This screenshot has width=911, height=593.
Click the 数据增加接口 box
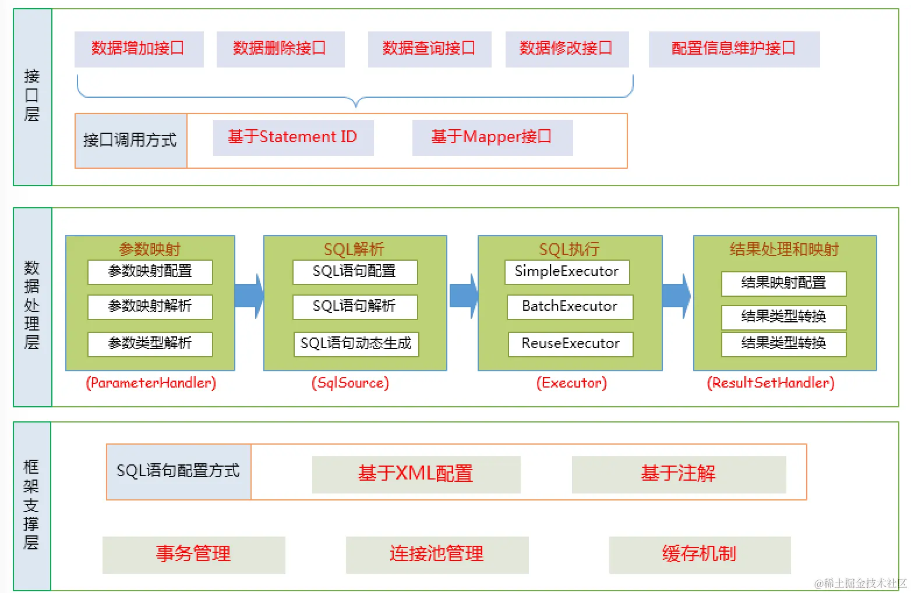139,49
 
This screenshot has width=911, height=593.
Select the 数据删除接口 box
280,49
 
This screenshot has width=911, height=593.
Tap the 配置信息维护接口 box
734,49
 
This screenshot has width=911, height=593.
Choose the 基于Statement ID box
293,137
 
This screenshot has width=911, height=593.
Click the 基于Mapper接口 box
492,137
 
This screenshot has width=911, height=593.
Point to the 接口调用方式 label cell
130,140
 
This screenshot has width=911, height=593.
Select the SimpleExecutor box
567,272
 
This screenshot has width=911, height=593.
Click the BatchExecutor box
569,307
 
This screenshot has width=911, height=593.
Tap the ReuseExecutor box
570,344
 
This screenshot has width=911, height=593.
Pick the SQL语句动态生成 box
356,344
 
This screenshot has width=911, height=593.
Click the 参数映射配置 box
150,272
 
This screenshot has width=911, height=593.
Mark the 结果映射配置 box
783,283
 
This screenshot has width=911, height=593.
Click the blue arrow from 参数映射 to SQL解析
249,296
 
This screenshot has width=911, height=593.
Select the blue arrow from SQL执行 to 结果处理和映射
677,296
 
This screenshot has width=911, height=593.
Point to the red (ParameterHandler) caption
151,383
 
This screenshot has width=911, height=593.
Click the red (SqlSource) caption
350,383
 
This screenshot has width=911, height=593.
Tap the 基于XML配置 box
416,474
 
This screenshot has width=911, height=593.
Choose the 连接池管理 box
437,554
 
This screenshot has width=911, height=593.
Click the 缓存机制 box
700,554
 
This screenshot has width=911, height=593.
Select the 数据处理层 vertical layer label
32,306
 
